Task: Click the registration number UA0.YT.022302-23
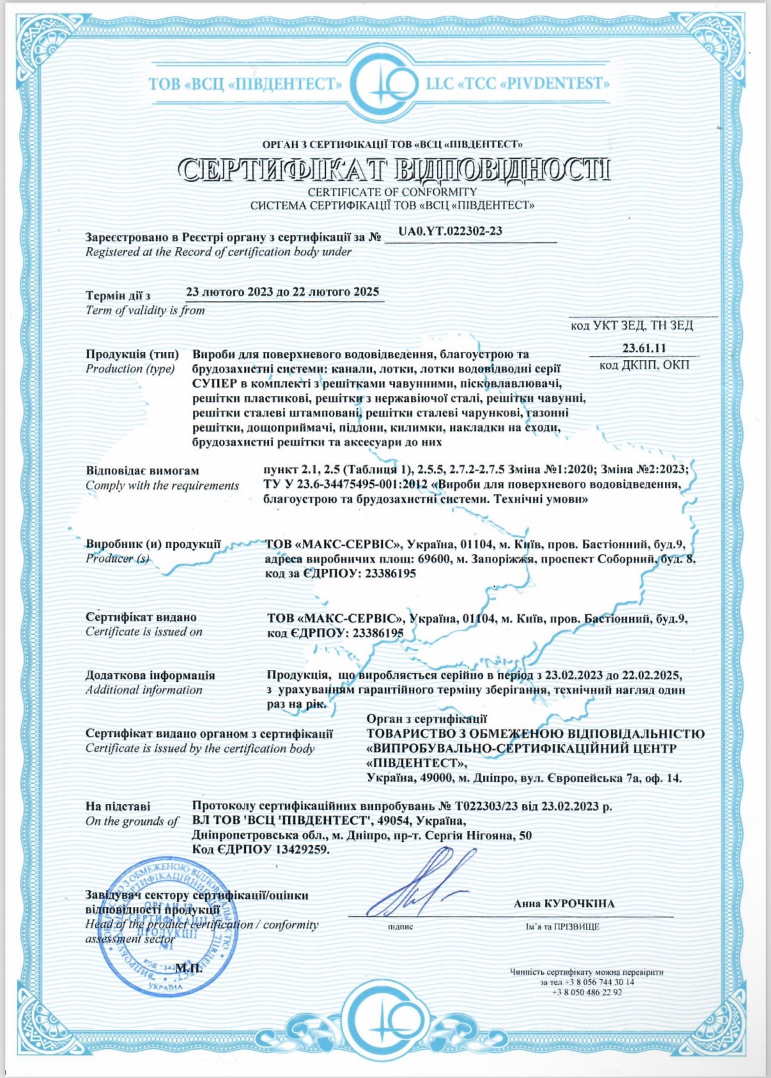pos(450,231)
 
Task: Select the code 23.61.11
pos(644,348)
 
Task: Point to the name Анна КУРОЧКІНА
pos(564,904)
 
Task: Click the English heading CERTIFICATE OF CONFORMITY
pos(392,192)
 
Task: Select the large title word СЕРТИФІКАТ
pos(282,170)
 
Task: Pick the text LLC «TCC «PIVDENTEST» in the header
pos(518,84)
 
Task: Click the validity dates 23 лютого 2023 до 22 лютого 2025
pos(282,292)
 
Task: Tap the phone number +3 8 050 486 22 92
pos(587,992)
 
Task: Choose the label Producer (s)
pos(117,558)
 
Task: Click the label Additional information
pos(144,690)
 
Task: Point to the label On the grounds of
pos(132,821)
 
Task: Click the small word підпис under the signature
pos(400,926)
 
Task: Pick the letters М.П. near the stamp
pos(189,967)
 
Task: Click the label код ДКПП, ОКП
pos(644,365)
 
